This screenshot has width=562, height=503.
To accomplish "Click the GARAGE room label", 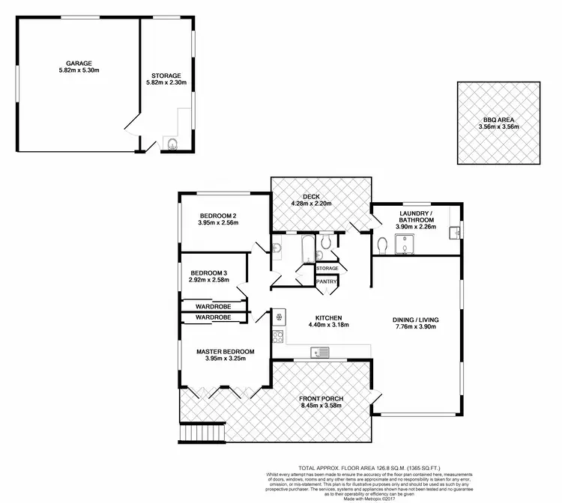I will point(79,63).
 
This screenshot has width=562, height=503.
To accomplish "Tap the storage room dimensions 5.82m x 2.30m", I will point(166,84).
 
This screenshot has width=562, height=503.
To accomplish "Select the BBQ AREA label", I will point(498,120).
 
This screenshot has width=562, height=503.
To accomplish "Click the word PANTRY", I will point(327,281).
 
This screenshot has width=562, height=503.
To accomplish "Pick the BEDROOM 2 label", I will point(217,215).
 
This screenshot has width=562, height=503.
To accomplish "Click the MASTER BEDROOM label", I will point(225,351).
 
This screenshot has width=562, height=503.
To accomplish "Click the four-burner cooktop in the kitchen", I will point(277,336).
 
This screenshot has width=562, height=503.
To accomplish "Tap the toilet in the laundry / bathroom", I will point(384,245).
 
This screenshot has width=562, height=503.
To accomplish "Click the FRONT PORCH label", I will point(321,398).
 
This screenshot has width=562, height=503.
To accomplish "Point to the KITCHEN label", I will point(328,317).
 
